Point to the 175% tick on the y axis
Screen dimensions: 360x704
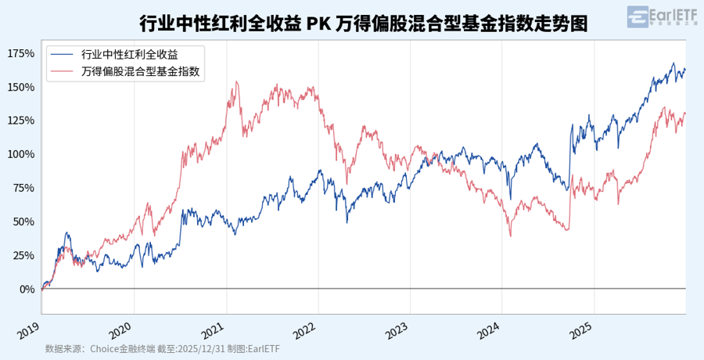tap(20, 53)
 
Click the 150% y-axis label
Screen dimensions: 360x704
tap(20, 87)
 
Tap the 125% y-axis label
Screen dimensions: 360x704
tap(20, 121)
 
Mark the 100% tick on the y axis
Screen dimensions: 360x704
tap(20, 154)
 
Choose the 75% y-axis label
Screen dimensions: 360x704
tap(23, 188)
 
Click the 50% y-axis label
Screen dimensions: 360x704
tap(23, 221)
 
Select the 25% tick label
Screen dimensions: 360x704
tap(23, 255)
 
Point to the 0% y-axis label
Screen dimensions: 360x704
tap(26, 289)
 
